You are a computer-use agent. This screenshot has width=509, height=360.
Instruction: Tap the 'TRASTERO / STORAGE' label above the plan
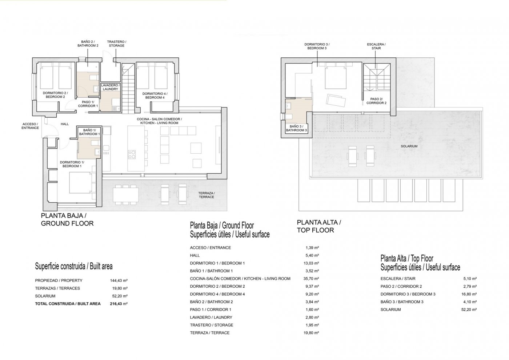116,44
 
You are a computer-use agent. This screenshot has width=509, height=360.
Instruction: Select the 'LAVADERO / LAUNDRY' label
110,87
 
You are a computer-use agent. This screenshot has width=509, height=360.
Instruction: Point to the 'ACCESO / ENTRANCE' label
30,126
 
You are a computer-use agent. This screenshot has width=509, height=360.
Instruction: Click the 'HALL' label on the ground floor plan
65,124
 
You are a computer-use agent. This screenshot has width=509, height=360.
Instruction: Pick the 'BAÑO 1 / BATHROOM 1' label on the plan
89,132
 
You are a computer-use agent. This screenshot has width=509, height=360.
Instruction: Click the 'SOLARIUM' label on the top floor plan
409,146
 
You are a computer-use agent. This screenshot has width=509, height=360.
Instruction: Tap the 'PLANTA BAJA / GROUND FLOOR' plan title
67,219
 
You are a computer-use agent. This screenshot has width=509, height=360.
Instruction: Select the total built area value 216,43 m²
119,304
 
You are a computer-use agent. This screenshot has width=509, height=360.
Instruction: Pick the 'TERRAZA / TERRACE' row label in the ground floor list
210,333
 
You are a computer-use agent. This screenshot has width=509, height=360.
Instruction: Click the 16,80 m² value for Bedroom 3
469,294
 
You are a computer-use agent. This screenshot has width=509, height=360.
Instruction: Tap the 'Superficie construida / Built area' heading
73,266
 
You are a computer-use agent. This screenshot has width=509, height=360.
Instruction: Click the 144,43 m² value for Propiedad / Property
119,280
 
